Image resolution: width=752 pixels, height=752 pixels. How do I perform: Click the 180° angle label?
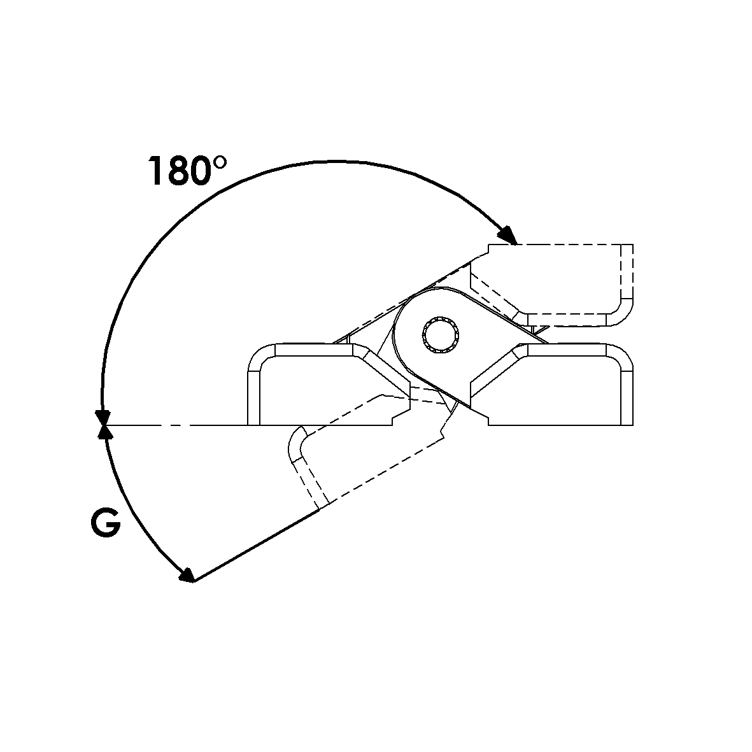tap(187, 171)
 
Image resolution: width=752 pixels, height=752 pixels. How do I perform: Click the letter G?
tap(106, 523)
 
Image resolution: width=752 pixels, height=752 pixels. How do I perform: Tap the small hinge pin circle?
tap(440, 335)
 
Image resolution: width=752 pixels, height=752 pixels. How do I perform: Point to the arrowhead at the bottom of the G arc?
tap(187, 575)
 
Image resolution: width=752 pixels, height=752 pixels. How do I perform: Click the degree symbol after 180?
tap(219, 162)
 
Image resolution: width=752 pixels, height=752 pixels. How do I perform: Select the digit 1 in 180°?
tap(156, 171)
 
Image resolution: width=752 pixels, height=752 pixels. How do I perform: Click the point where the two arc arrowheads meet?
tap(103, 425)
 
